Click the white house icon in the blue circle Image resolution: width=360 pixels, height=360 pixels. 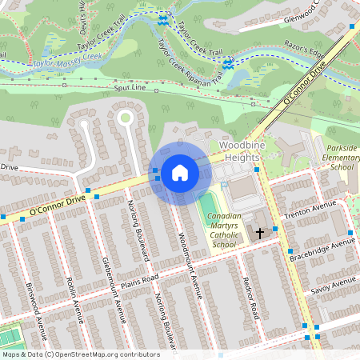pos(180,173)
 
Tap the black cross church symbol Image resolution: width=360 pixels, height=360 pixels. pos(259,234)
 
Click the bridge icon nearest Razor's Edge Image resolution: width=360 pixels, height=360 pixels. pos(228,62)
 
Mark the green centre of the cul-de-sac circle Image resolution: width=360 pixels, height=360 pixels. pos(124,118)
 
